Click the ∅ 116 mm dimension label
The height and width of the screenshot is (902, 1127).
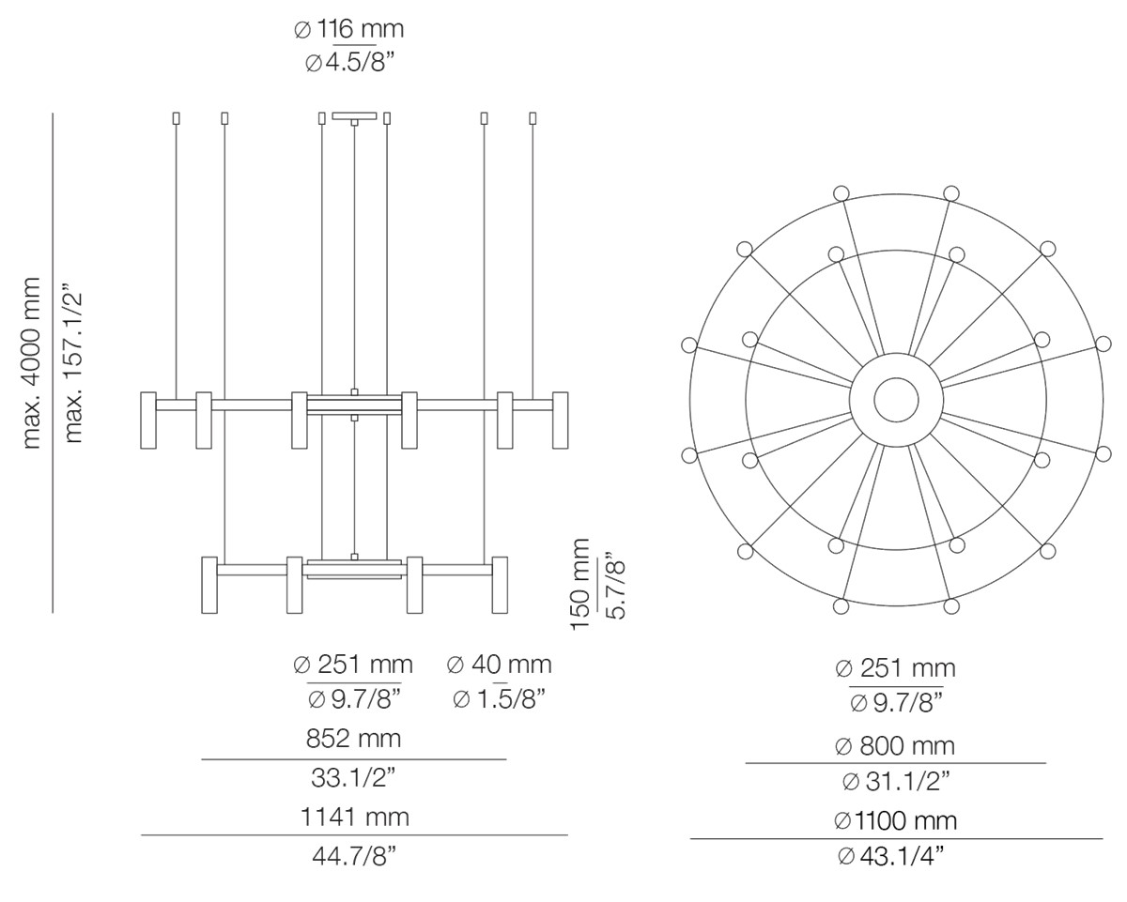[348, 30]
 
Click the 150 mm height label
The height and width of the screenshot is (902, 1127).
[581, 583]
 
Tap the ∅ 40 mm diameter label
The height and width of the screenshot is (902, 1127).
[499, 665]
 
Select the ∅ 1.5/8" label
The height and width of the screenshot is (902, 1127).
[499, 699]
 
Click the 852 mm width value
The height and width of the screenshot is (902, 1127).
[353, 739]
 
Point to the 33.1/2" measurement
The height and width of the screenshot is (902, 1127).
[353, 777]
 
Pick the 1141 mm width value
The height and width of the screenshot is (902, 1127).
[354, 817]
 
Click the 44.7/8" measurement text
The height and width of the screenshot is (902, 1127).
[354, 856]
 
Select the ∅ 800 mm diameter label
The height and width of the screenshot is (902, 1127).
[894, 746]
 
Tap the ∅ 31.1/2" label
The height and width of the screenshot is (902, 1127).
[894, 781]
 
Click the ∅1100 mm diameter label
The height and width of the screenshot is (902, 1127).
[894, 821]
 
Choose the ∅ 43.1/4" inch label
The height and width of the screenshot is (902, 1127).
[894, 856]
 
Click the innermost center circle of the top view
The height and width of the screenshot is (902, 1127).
[896, 401]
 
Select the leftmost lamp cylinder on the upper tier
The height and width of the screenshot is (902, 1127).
[147, 420]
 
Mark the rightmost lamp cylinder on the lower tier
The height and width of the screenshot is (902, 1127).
[500, 585]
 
